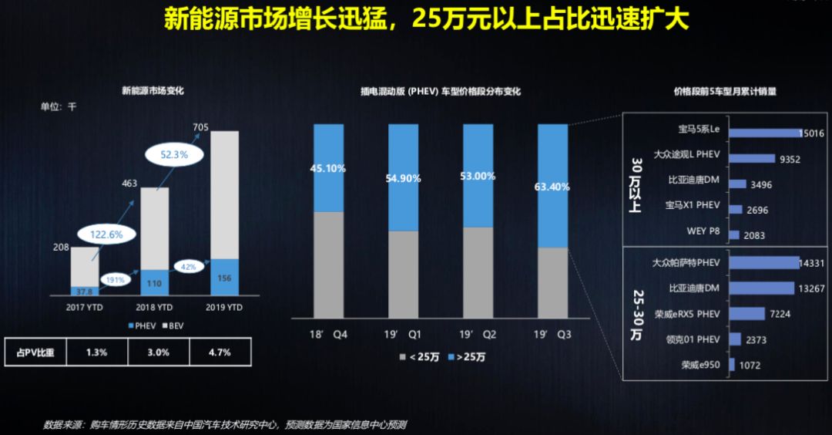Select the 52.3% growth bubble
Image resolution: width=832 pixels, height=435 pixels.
170,155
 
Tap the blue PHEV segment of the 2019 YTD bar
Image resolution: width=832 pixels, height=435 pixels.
225,277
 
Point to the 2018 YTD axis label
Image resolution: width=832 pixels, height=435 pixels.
154,308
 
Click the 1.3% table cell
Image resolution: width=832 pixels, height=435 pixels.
96,352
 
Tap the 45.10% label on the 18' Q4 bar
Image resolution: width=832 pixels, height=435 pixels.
329,167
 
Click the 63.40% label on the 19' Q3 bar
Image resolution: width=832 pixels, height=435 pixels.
553,186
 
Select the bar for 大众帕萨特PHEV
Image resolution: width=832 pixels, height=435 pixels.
763,263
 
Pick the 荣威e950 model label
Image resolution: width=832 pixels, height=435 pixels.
700,365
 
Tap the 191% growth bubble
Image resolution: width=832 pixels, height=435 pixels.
115,280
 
